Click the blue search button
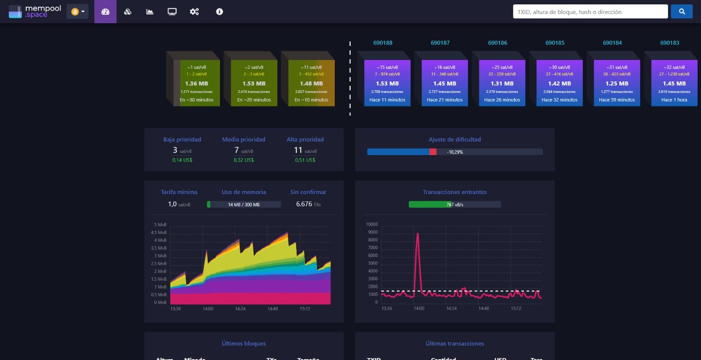681,11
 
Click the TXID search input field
590,12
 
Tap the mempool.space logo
35,11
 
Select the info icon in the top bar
220,11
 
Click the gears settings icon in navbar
194,11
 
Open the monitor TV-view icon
172,11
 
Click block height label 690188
382,43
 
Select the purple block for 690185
559,83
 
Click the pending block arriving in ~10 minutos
311,83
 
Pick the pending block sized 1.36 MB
196,83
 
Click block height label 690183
669,43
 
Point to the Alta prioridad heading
305,139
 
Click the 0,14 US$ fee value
182,160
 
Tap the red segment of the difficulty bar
433,152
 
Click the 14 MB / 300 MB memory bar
244,205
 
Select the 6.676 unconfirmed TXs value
304,204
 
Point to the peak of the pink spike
418,234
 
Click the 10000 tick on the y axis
372,224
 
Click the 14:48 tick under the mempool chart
273,309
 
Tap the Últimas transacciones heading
454,343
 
